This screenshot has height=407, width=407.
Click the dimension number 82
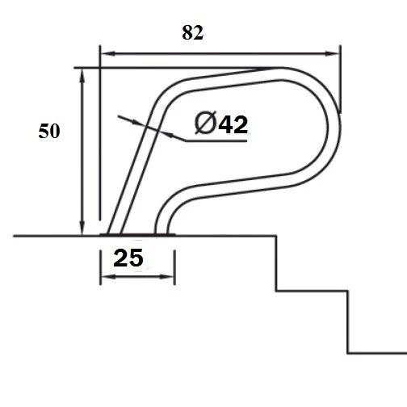pyautogui.click(x=193, y=32)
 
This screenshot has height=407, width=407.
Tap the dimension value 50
pyautogui.click(x=49, y=132)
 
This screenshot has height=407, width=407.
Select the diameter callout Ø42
pyautogui.click(x=220, y=124)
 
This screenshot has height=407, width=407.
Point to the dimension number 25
pyautogui.click(x=128, y=258)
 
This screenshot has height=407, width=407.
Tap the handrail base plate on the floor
pyautogui.click(x=137, y=235)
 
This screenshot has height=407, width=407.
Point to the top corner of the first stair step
pyautogui.click(x=277, y=236)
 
